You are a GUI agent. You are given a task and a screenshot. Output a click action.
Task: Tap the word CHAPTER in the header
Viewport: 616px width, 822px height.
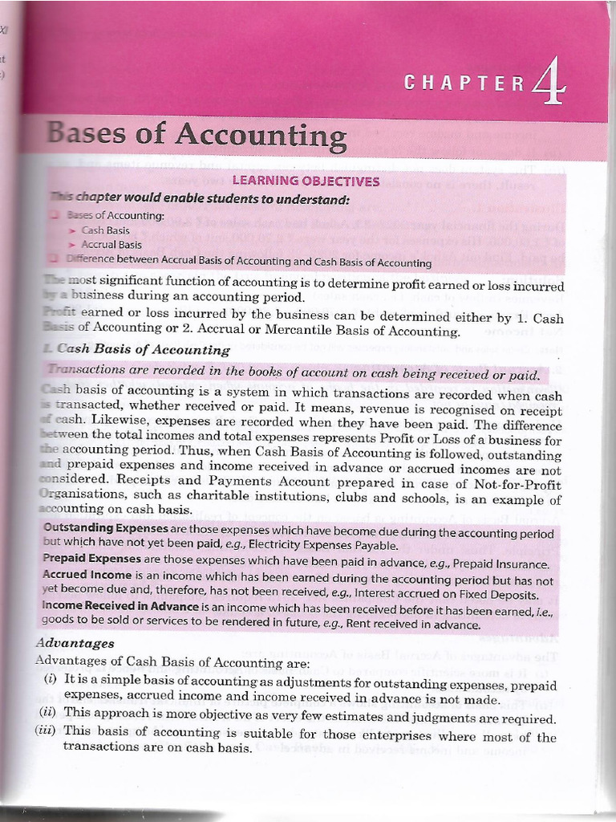[x=464, y=83]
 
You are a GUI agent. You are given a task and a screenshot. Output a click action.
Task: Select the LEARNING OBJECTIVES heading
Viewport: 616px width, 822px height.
[x=306, y=181]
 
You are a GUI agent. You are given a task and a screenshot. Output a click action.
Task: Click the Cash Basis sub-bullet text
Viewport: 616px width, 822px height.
[x=106, y=230]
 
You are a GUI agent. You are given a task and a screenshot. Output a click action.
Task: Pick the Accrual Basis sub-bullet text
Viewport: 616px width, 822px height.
[x=111, y=245]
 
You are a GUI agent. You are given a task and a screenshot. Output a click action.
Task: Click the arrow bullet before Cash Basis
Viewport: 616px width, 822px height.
[x=72, y=230]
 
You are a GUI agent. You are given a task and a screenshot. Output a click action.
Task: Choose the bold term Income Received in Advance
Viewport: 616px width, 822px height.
[x=120, y=607]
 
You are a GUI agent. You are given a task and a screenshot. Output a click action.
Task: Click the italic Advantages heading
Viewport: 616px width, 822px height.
[x=75, y=643]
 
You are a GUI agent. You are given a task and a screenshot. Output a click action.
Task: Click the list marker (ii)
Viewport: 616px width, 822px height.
[x=49, y=713]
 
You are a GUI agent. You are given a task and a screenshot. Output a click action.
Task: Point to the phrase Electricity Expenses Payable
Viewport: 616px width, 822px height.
[x=323, y=545]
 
